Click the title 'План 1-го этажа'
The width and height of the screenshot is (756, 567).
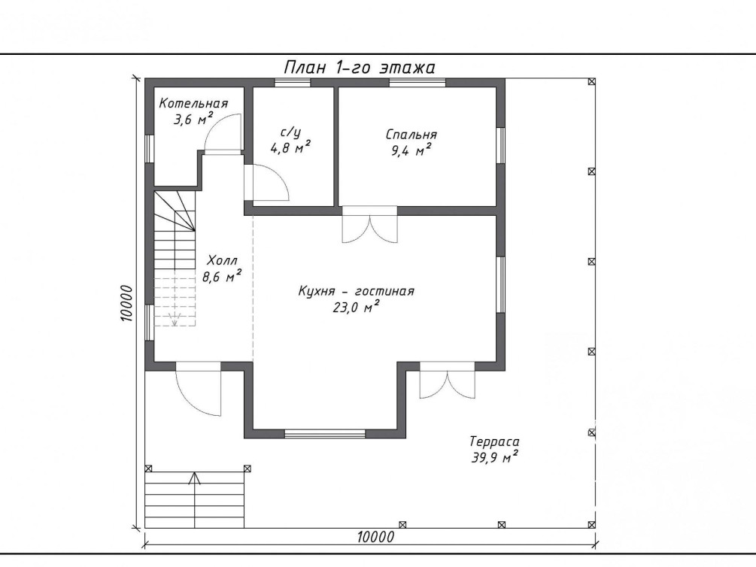coord(360,68)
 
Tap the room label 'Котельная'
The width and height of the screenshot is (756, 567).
coord(193,104)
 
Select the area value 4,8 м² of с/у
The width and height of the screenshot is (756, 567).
coord(290,147)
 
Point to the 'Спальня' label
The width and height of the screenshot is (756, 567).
coord(411,135)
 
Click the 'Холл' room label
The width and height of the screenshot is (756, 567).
coord(222,261)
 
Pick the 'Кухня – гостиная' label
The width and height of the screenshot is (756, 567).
coord(357,291)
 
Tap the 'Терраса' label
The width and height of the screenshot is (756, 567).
coord(495,441)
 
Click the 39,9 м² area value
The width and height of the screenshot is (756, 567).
coord(495,457)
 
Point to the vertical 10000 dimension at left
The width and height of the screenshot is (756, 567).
coord(126,303)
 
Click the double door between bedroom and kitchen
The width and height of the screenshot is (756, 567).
coord(370,224)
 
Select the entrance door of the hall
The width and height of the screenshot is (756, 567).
coord(198,388)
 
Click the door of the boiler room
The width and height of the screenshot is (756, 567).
coord(222,134)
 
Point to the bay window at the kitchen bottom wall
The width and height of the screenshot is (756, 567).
coord(325,434)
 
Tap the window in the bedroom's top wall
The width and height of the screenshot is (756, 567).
coord(417,83)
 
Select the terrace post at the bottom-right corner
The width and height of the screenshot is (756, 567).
coord(592,525)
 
